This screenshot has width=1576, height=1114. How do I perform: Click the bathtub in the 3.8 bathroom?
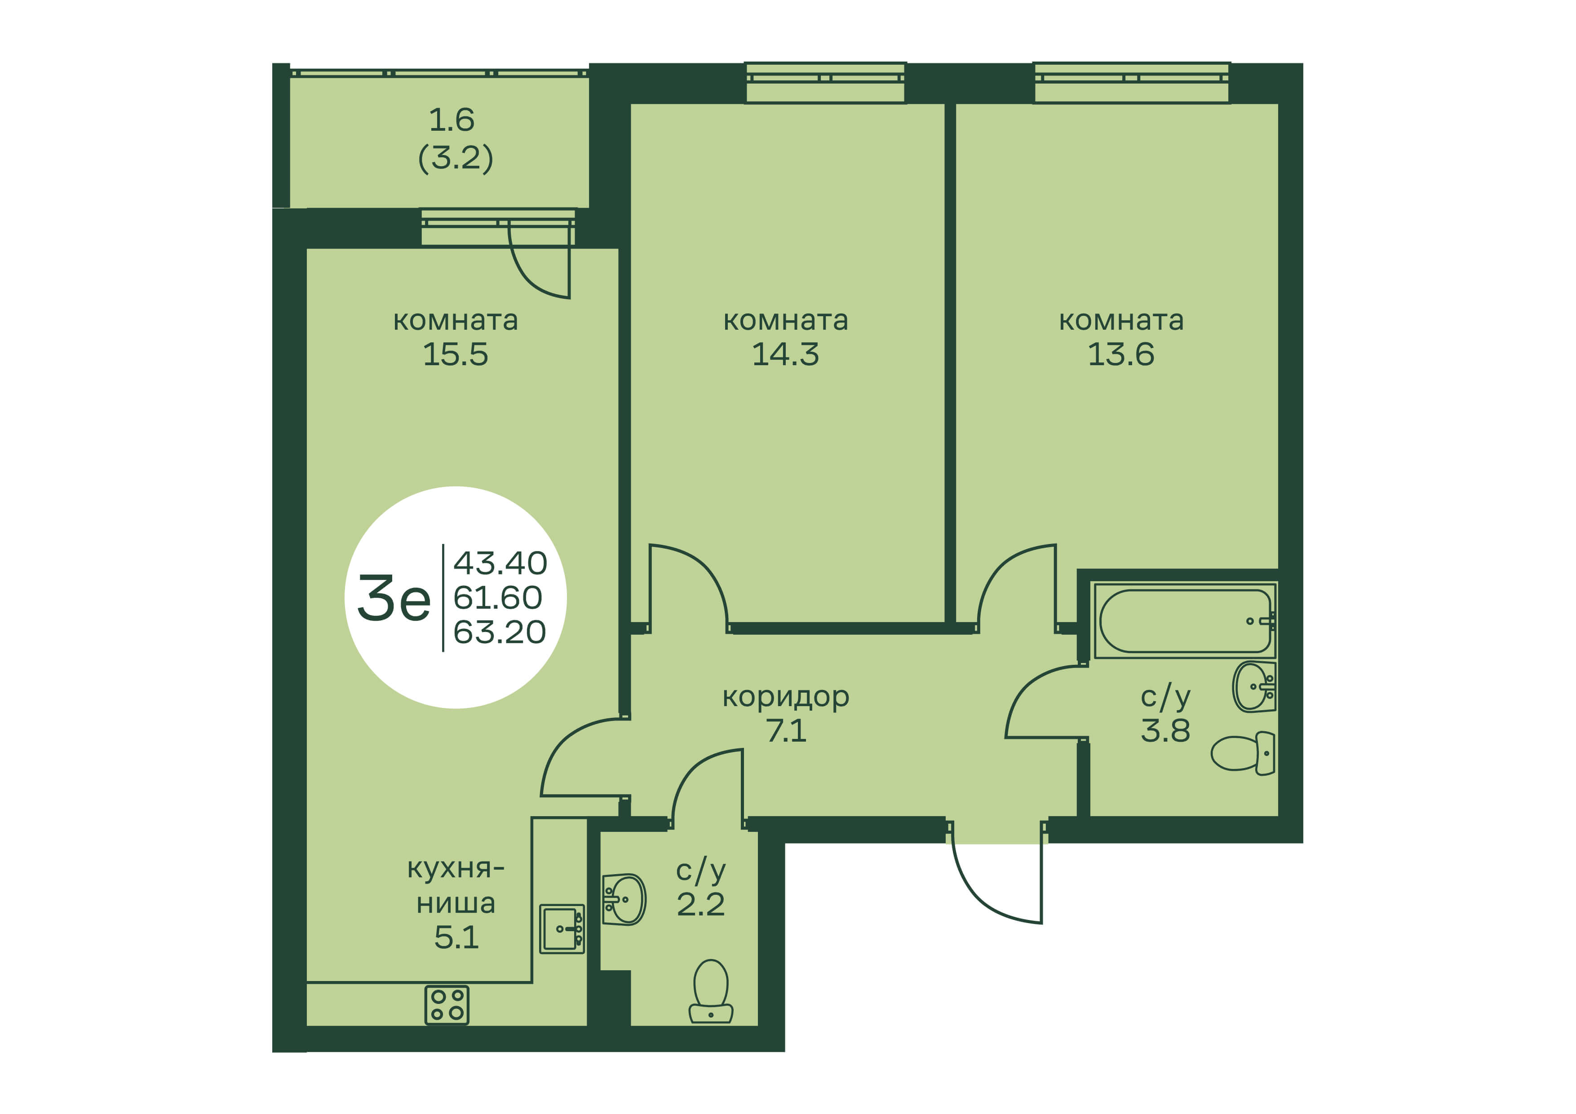(x=1184, y=620)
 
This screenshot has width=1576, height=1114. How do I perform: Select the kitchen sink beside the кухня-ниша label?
(x=562, y=928)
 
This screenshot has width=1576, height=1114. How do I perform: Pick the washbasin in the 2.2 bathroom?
(x=624, y=899)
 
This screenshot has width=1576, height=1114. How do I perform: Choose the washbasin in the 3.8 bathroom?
(x=1254, y=686)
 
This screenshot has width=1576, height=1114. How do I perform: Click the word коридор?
(x=786, y=697)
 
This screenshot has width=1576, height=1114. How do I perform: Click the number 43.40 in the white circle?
(x=500, y=564)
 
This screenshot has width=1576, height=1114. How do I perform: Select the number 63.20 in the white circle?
(x=500, y=632)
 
